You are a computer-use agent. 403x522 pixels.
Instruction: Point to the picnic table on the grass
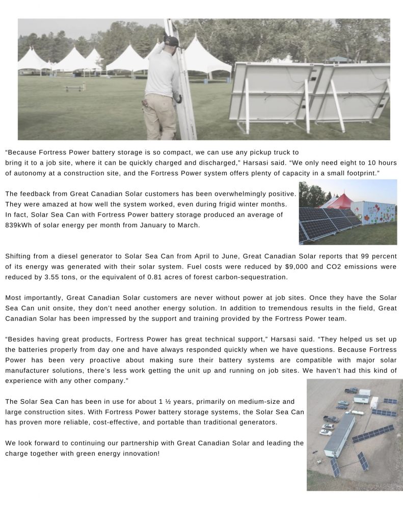click(75, 88)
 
